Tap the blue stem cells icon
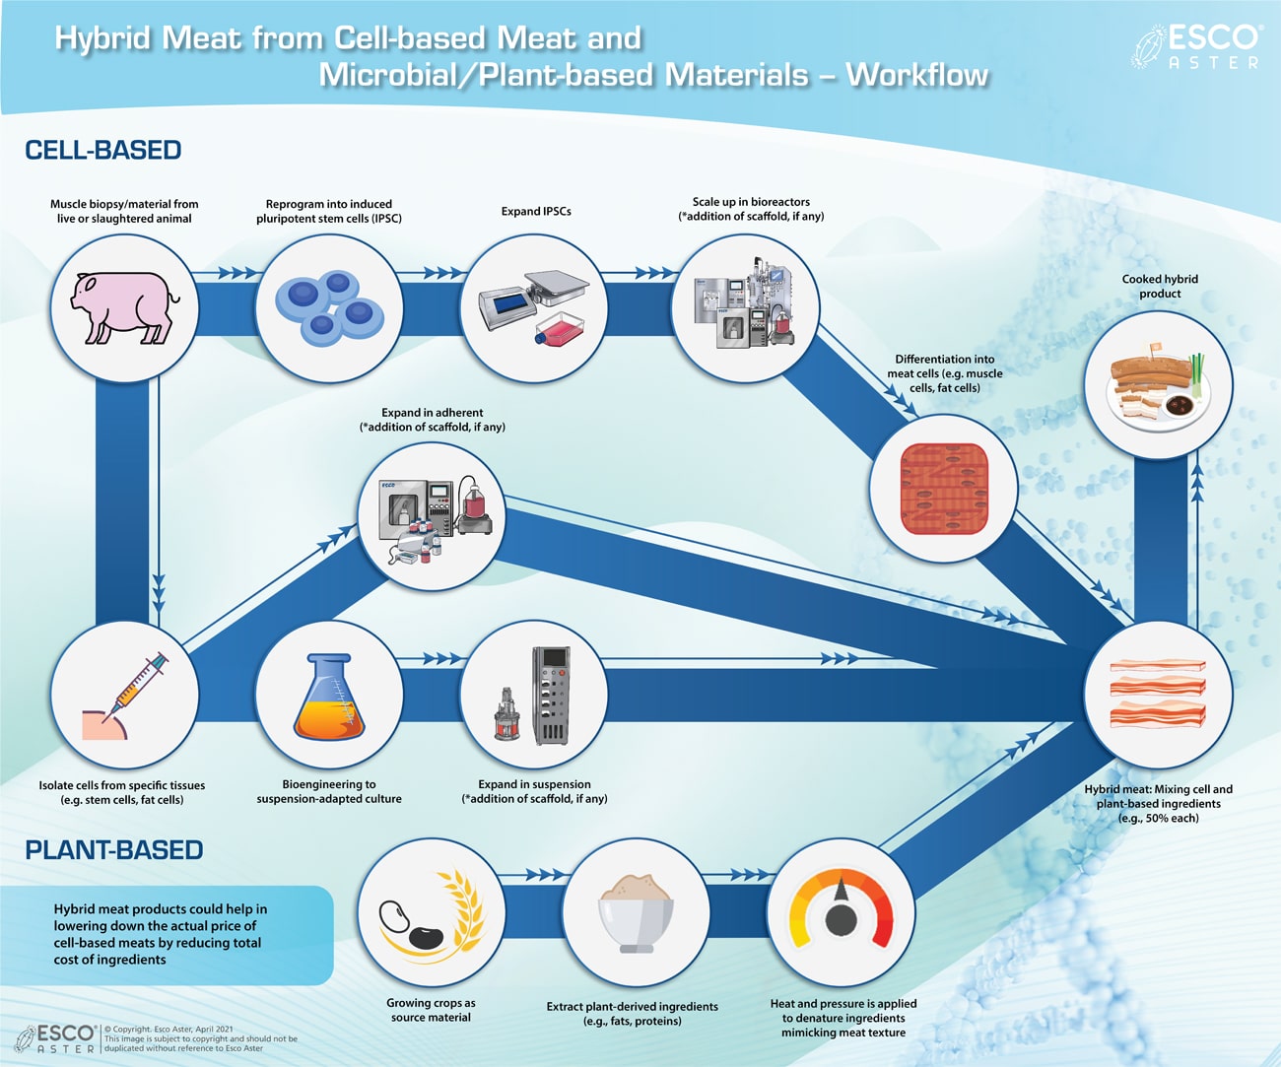click(x=329, y=307)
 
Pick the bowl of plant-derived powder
click(x=636, y=911)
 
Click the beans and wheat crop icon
click(x=431, y=911)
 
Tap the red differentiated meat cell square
click(x=943, y=490)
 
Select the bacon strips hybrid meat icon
click(x=1158, y=694)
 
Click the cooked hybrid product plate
click(x=1158, y=384)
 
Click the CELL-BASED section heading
click(x=103, y=151)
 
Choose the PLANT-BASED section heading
click(x=114, y=850)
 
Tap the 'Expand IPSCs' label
click(x=535, y=211)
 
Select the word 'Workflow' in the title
click(x=916, y=75)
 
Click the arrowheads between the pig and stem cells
click(x=236, y=273)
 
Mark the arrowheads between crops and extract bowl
click(x=543, y=874)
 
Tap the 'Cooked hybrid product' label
click(x=1160, y=286)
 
